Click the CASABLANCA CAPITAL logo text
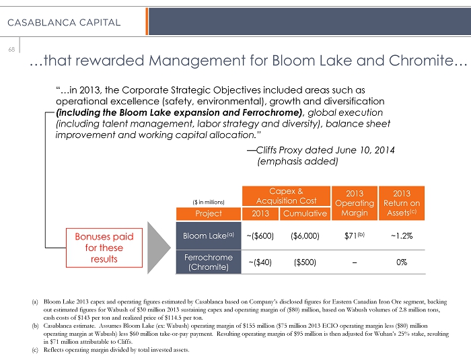coord(64,22)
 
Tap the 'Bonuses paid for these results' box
coord(104,247)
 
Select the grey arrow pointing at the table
coord(161,247)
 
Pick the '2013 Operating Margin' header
coord(355,203)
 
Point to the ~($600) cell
coord(260,236)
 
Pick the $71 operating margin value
coord(354,236)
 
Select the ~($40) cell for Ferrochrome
coord(260,262)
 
